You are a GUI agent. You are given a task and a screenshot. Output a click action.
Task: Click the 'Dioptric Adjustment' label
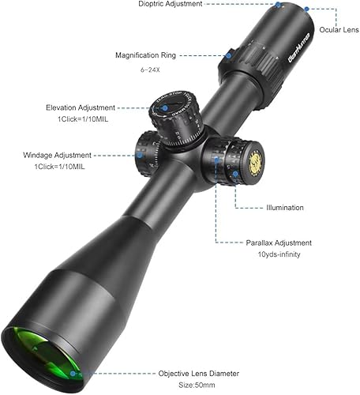click(x=171, y=4)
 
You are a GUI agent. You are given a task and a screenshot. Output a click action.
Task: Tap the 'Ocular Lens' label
click(x=339, y=30)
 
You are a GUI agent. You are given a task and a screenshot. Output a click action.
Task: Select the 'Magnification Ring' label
click(x=145, y=55)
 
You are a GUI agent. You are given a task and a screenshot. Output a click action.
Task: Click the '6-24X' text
click(x=150, y=70)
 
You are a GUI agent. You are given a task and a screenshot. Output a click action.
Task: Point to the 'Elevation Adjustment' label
click(x=81, y=107)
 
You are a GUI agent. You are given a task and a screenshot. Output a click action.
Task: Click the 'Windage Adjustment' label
click(x=57, y=155)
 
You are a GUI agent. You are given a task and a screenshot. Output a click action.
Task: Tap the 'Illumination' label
click(x=285, y=208)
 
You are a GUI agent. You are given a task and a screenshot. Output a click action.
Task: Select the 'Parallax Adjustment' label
click(x=279, y=243)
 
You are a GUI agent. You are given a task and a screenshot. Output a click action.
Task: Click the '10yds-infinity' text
click(x=279, y=254)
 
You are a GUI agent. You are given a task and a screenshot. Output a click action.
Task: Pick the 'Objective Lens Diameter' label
click(x=199, y=374)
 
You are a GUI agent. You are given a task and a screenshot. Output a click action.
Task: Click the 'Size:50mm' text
click(x=197, y=385)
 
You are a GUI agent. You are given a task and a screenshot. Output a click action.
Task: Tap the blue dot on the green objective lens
click(x=73, y=374)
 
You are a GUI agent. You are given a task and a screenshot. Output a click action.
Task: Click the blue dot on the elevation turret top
click(x=165, y=107)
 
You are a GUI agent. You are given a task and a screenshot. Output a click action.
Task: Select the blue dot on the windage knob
click(x=140, y=155)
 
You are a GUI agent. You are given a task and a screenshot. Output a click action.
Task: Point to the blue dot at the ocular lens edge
click(x=306, y=9)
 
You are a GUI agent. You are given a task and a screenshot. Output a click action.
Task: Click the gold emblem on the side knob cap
click(x=255, y=163)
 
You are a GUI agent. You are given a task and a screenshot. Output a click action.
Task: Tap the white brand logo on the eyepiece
click(x=299, y=47)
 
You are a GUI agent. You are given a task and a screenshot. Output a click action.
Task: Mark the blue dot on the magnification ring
click(x=229, y=55)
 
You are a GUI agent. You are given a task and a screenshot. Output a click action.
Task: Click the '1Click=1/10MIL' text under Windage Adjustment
click(x=60, y=167)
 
